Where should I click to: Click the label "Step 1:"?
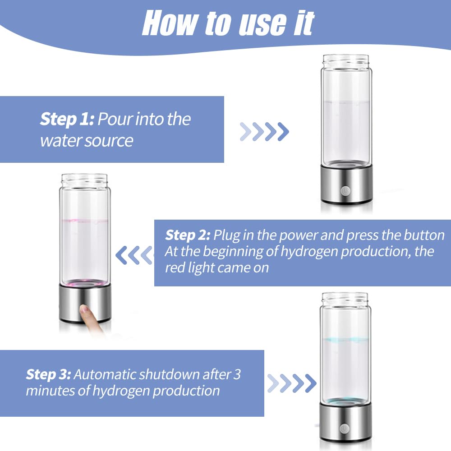(x=67, y=120)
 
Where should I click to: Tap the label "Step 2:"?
(x=188, y=235)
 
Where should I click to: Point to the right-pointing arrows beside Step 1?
(x=264, y=131)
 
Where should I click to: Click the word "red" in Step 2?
(x=175, y=267)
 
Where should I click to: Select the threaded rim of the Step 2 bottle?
(x=85, y=179)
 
